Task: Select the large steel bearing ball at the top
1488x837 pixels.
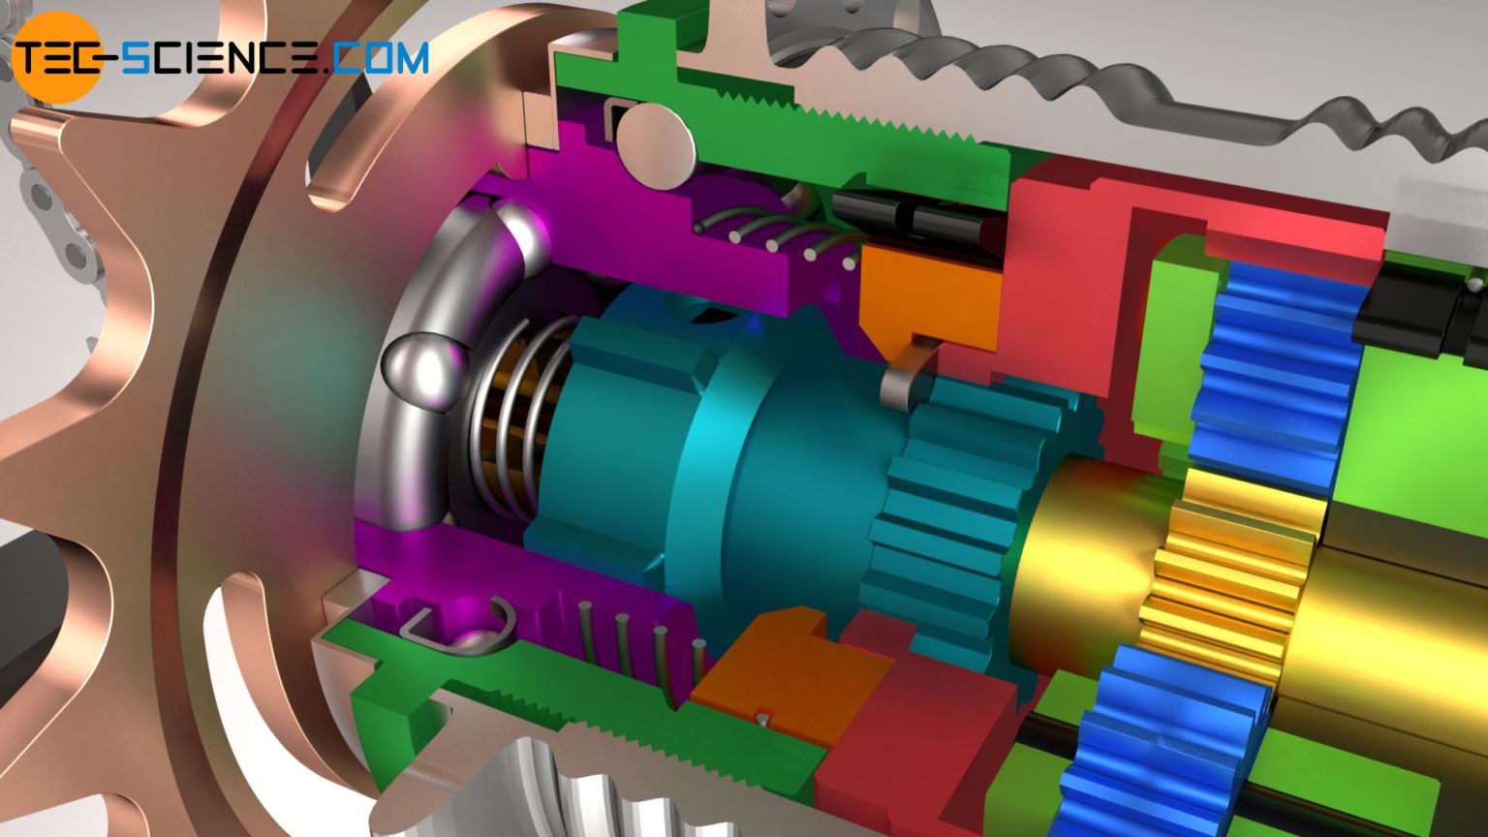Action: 658,144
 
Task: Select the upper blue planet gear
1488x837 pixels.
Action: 1269,368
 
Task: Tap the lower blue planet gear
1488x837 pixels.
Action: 1162,736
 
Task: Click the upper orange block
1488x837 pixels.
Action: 930,295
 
